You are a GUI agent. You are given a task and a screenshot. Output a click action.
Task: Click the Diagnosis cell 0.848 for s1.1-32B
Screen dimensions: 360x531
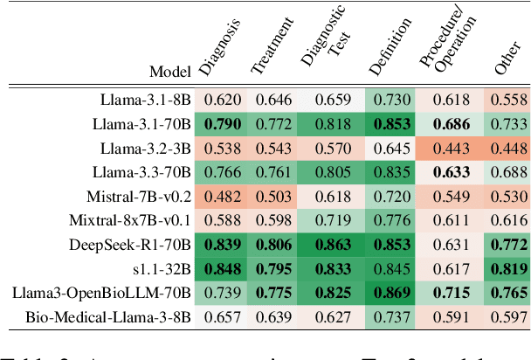pyautogui.click(x=224, y=269)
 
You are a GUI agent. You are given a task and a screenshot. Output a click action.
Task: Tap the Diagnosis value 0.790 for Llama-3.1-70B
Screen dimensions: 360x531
pyautogui.click(x=224, y=125)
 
